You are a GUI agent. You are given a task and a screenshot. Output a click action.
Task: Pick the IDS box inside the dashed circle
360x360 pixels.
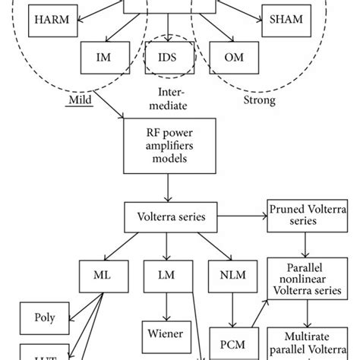166,57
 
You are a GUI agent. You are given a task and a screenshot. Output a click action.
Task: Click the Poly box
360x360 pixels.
43,317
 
